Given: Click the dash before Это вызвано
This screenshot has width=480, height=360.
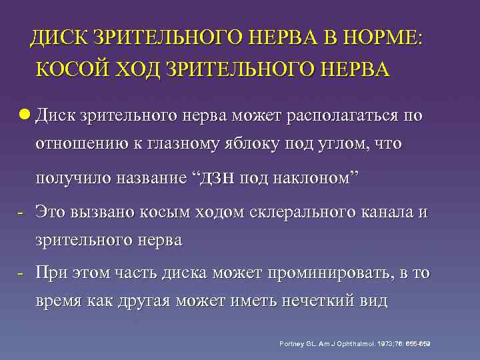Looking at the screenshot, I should (x=21, y=211).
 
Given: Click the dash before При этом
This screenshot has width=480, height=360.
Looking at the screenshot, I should (x=21, y=271).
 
